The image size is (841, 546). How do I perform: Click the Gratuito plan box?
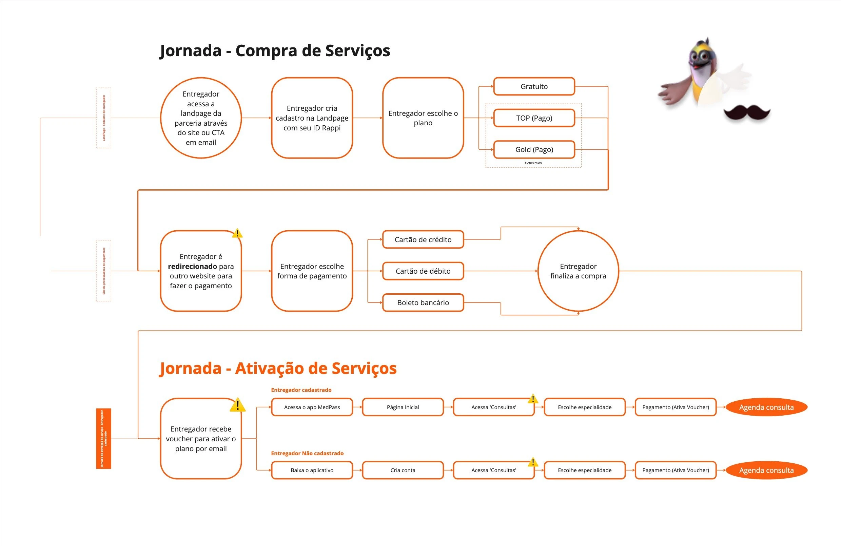point(534,86)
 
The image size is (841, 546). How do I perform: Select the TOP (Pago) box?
point(534,118)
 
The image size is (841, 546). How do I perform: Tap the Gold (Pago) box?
point(534,149)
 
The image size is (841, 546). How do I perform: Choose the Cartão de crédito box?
point(423,240)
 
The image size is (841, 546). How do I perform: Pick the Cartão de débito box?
point(423,271)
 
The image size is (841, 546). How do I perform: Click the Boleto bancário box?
point(423,302)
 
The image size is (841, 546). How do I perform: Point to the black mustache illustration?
point(747,113)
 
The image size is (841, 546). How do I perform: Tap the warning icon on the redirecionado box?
point(237,233)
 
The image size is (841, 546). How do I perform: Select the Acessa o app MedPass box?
point(312,407)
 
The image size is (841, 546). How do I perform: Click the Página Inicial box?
point(403,407)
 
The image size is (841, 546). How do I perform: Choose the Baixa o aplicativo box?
point(312,470)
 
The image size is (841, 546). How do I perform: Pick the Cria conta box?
point(403,470)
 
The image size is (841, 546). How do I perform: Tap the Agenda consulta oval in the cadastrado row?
point(766,407)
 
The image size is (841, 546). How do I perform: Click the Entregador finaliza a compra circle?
point(578,271)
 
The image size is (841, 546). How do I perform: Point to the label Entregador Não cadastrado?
point(307,453)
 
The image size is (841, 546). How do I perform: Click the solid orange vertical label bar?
point(103,438)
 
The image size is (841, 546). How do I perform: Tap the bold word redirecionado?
point(192,267)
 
